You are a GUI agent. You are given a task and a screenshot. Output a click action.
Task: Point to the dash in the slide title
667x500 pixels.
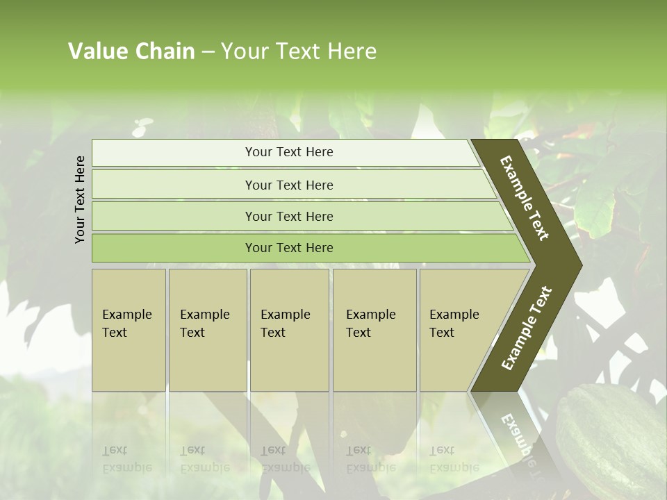click(x=208, y=52)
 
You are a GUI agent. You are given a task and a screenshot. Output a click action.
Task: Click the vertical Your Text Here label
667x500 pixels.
click(x=80, y=199)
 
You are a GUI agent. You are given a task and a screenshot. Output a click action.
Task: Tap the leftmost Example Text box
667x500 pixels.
click(x=129, y=330)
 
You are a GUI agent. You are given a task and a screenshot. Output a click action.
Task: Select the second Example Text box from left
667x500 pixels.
click(x=208, y=330)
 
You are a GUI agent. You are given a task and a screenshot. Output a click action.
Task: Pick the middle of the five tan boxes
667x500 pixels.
click(x=289, y=330)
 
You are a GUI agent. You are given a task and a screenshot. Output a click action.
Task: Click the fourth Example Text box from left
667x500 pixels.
click(x=374, y=330)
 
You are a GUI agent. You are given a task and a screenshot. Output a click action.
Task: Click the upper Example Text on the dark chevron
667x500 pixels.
click(x=525, y=198)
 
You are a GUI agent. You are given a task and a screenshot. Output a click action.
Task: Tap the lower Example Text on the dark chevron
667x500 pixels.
click(x=527, y=328)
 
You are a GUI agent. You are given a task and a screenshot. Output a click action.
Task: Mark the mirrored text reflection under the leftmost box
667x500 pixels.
click(x=127, y=459)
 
